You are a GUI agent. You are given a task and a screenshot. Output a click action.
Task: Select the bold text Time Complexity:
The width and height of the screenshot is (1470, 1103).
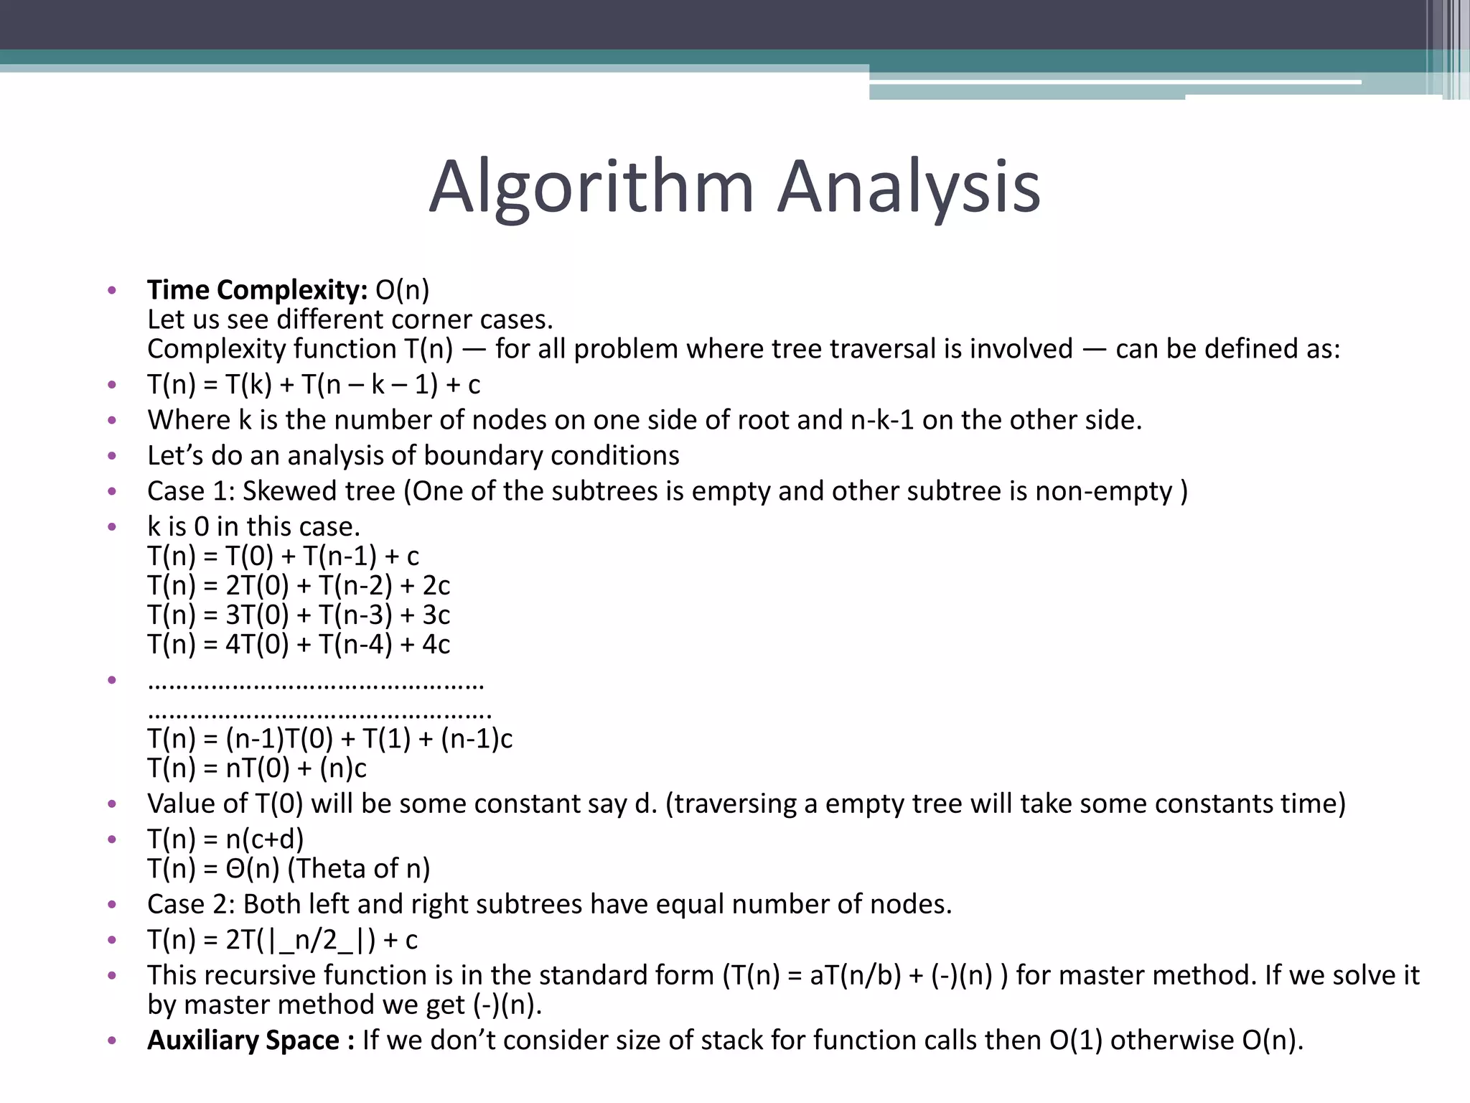257,290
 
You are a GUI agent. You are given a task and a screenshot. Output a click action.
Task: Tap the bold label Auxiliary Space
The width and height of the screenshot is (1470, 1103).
243,1040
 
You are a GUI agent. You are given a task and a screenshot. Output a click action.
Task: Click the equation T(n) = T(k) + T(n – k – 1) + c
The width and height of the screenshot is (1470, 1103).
314,385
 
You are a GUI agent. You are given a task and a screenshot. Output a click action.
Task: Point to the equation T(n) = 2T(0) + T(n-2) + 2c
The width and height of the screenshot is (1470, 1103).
299,586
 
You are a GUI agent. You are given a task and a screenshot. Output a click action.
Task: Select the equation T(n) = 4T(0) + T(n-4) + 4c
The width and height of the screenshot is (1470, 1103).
299,645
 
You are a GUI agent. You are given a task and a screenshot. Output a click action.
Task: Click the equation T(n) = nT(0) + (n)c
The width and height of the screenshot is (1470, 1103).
257,768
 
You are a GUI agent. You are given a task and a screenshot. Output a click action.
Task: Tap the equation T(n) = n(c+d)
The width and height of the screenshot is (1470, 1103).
225,839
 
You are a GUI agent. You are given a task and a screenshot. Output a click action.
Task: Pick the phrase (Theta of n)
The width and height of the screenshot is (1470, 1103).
359,869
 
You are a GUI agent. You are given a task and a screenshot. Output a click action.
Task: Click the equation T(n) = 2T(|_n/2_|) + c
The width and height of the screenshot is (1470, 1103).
282,940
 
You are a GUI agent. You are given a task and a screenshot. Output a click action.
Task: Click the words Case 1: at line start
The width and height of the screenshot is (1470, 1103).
191,491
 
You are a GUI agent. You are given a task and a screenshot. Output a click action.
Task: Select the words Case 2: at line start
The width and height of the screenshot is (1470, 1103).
191,904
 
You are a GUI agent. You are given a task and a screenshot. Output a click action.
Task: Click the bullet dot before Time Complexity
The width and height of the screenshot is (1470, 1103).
111,291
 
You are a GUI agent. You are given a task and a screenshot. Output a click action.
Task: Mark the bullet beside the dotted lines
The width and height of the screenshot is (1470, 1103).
111,679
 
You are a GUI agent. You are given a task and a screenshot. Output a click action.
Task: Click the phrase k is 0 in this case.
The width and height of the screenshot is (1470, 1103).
253,527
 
